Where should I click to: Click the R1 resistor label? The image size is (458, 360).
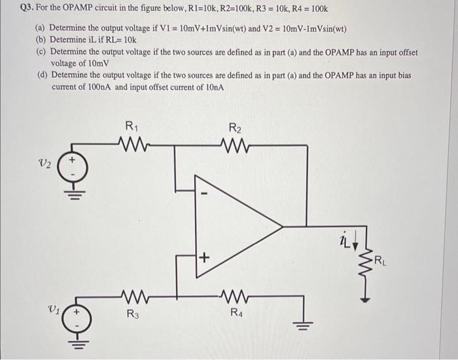(x=132, y=127)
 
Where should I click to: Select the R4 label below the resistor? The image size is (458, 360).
(x=236, y=313)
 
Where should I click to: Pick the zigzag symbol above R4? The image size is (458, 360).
(x=236, y=297)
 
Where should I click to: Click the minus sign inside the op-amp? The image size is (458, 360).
(x=204, y=194)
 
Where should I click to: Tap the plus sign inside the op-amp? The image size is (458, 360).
(x=205, y=259)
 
